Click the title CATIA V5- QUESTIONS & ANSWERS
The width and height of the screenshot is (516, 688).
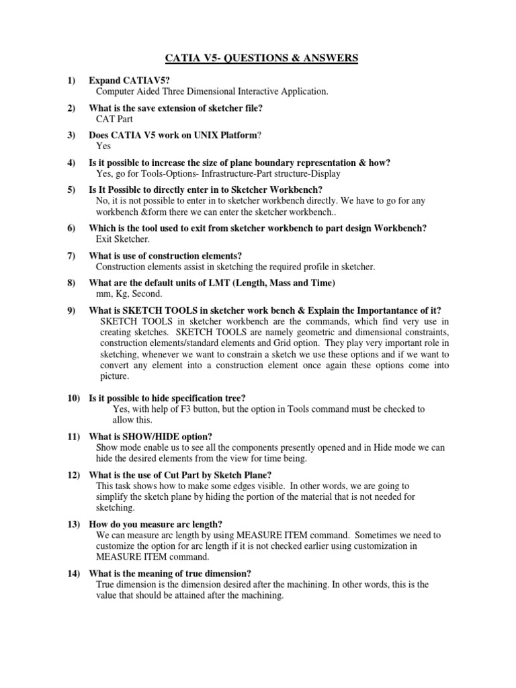tap(257, 58)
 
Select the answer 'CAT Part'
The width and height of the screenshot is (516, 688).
tap(115, 119)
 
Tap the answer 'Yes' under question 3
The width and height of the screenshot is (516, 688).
tap(104, 146)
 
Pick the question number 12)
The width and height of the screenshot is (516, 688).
tap(74, 474)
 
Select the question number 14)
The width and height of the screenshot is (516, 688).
tap(74, 573)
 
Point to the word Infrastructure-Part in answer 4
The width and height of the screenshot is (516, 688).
tap(230, 173)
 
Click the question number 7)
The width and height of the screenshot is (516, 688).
tap(72, 255)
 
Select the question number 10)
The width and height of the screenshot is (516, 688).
tap(74, 398)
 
